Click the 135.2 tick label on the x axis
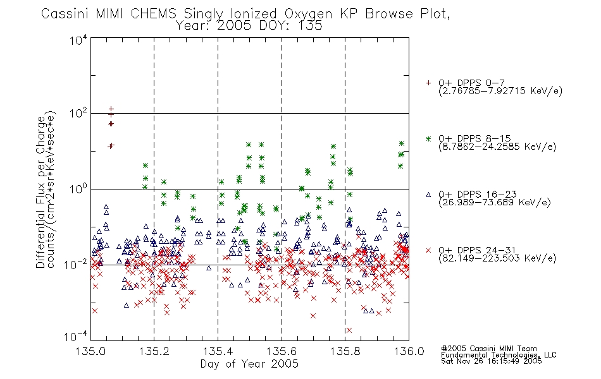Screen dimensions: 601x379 (x=154, y=351)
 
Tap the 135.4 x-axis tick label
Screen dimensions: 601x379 (x=218, y=351)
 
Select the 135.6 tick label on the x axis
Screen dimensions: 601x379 (x=282, y=351)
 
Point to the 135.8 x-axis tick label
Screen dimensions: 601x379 (x=345, y=351)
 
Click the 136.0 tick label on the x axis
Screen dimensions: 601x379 (x=409, y=351)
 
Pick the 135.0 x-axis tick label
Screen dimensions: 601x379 (x=90, y=351)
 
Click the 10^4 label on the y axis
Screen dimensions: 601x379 (x=78, y=40)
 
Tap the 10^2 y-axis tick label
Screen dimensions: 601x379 (x=78, y=113)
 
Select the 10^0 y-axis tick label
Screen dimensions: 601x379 (x=78, y=189)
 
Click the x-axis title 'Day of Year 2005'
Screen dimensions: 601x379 (x=249, y=364)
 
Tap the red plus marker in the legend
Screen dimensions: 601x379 (x=428, y=83)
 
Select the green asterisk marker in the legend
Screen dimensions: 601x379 (x=428, y=138)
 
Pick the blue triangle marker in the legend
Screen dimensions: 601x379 (x=428, y=195)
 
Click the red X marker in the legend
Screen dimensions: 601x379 (x=428, y=250)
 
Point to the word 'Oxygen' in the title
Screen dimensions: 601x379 (x=308, y=14)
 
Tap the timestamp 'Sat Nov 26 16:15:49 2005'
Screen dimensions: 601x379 (x=492, y=361)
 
